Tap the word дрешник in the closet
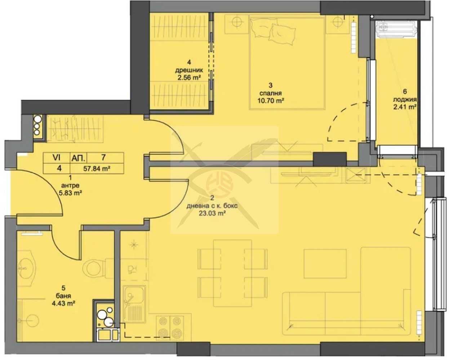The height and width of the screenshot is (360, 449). (187, 71)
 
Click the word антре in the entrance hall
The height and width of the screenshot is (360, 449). (70, 185)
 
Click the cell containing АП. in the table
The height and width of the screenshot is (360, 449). (77, 158)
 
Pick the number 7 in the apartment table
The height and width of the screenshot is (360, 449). (103, 158)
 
